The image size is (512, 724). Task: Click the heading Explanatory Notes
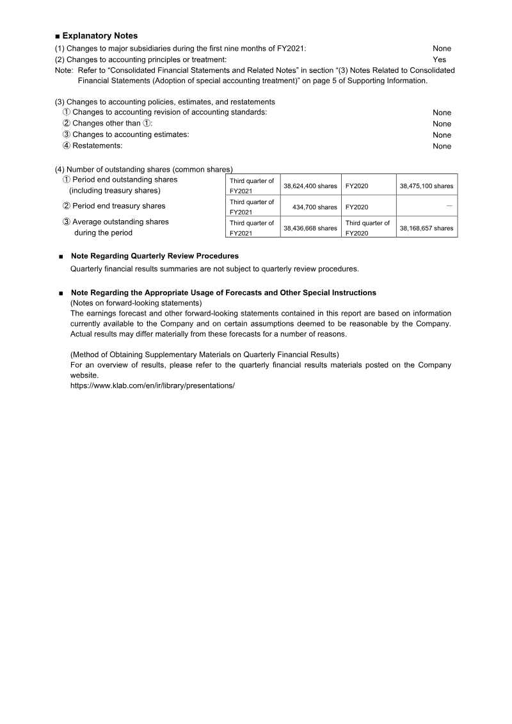[x=99, y=36]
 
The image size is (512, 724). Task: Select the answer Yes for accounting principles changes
[x=439, y=60]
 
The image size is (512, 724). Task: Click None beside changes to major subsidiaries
[x=442, y=49]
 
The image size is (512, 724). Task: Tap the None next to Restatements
[x=442, y=147]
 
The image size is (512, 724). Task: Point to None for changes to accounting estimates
[x=442, y=135]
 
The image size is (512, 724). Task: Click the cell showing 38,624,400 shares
[x=310, y=186]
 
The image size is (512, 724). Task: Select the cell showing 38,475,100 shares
[x=426, y=186]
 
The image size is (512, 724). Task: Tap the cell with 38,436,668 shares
[x=310, y=228]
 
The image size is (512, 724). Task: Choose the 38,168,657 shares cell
[x=426, y=228]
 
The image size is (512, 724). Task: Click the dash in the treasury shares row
[x=449, y=206]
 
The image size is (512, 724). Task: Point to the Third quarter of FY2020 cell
[x=368, y=228]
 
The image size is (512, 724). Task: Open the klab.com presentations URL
[x=152, y=387]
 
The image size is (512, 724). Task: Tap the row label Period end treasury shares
[x=118, y=206]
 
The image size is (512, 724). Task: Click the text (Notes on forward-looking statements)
[x=136, y=303]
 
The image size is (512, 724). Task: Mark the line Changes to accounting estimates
[x=131, y=135]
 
